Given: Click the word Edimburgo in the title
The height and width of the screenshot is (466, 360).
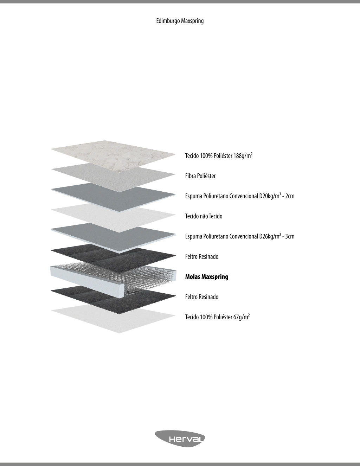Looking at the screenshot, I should coord(168,21).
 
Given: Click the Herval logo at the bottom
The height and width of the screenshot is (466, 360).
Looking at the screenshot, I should coord(180,439).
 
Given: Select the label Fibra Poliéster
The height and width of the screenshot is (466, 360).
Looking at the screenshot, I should coord(200,176).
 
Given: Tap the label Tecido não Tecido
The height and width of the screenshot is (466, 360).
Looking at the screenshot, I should coord(204,216).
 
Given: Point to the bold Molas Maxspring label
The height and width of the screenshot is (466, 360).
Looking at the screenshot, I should coord(207,277).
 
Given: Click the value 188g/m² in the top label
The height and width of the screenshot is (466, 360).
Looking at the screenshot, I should coord(243,155).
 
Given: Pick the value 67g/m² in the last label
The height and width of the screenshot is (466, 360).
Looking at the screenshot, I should coord(242,317).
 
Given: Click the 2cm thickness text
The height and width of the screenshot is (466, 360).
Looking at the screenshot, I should coord(290,196).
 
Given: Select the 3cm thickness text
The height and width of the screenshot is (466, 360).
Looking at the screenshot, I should coord(290,236).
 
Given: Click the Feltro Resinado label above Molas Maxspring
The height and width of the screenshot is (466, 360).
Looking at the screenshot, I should coord(202,257).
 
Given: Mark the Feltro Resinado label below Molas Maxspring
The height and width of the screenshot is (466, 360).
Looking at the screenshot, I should coord(202,297).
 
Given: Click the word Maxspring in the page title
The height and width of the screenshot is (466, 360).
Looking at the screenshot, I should coord(192,21).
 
